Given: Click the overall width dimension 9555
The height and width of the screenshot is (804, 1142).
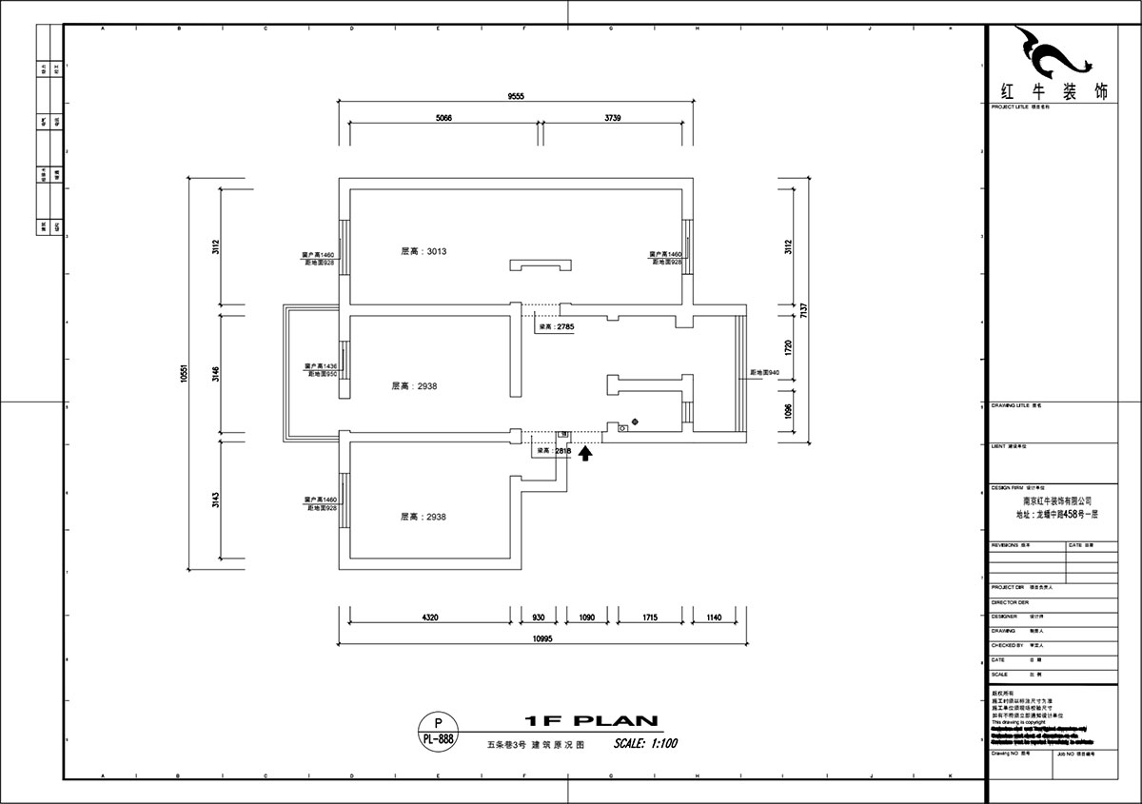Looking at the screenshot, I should coord(516,96).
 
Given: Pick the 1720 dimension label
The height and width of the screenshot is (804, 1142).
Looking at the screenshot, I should coord(787,346).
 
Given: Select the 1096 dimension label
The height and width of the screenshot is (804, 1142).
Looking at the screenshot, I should coord(787,410).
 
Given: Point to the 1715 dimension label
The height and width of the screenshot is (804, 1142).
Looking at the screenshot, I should coord(649,618).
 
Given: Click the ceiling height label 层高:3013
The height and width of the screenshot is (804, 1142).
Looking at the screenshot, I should coord(423,252).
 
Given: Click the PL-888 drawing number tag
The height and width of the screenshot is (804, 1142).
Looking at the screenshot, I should coord(438,737).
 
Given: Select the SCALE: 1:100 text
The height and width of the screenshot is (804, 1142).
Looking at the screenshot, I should coord(645,743).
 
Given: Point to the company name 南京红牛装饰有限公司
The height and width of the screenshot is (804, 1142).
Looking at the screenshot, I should coord(1057,500).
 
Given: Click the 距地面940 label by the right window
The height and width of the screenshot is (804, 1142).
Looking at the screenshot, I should coord(765,372).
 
